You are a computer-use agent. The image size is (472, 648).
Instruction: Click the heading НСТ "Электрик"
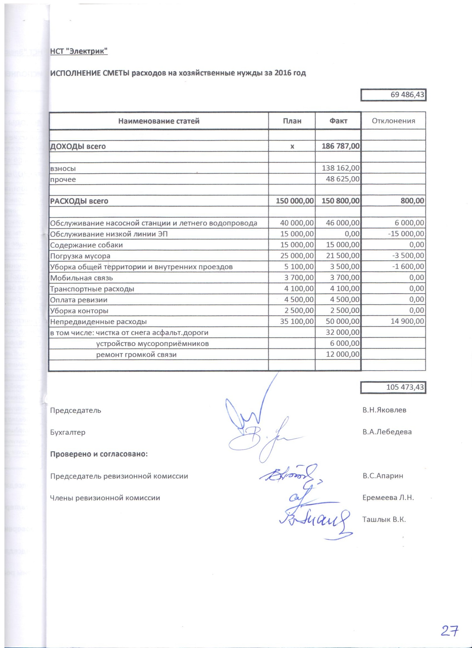pos(79,51)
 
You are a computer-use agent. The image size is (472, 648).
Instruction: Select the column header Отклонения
pos(393,121)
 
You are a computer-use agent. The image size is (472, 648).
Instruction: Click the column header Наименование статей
pos(159,121)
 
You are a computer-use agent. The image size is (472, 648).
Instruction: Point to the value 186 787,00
pos(340,146)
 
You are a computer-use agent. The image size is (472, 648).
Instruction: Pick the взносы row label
pos(63,169)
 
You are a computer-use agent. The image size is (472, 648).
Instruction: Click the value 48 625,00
pos(343,179)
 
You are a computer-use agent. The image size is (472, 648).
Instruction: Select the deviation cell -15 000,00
pos(406,234)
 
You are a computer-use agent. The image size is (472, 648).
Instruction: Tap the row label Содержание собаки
pos(86,245)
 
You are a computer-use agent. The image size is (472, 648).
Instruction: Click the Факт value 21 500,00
pos(343,256)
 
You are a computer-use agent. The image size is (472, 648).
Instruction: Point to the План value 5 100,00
pos(299,267)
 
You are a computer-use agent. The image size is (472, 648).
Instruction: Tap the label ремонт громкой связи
pos(136,355)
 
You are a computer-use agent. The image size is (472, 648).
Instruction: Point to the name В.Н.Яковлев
pos(384,410)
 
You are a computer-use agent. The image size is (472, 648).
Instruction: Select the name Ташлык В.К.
pos(384,519)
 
